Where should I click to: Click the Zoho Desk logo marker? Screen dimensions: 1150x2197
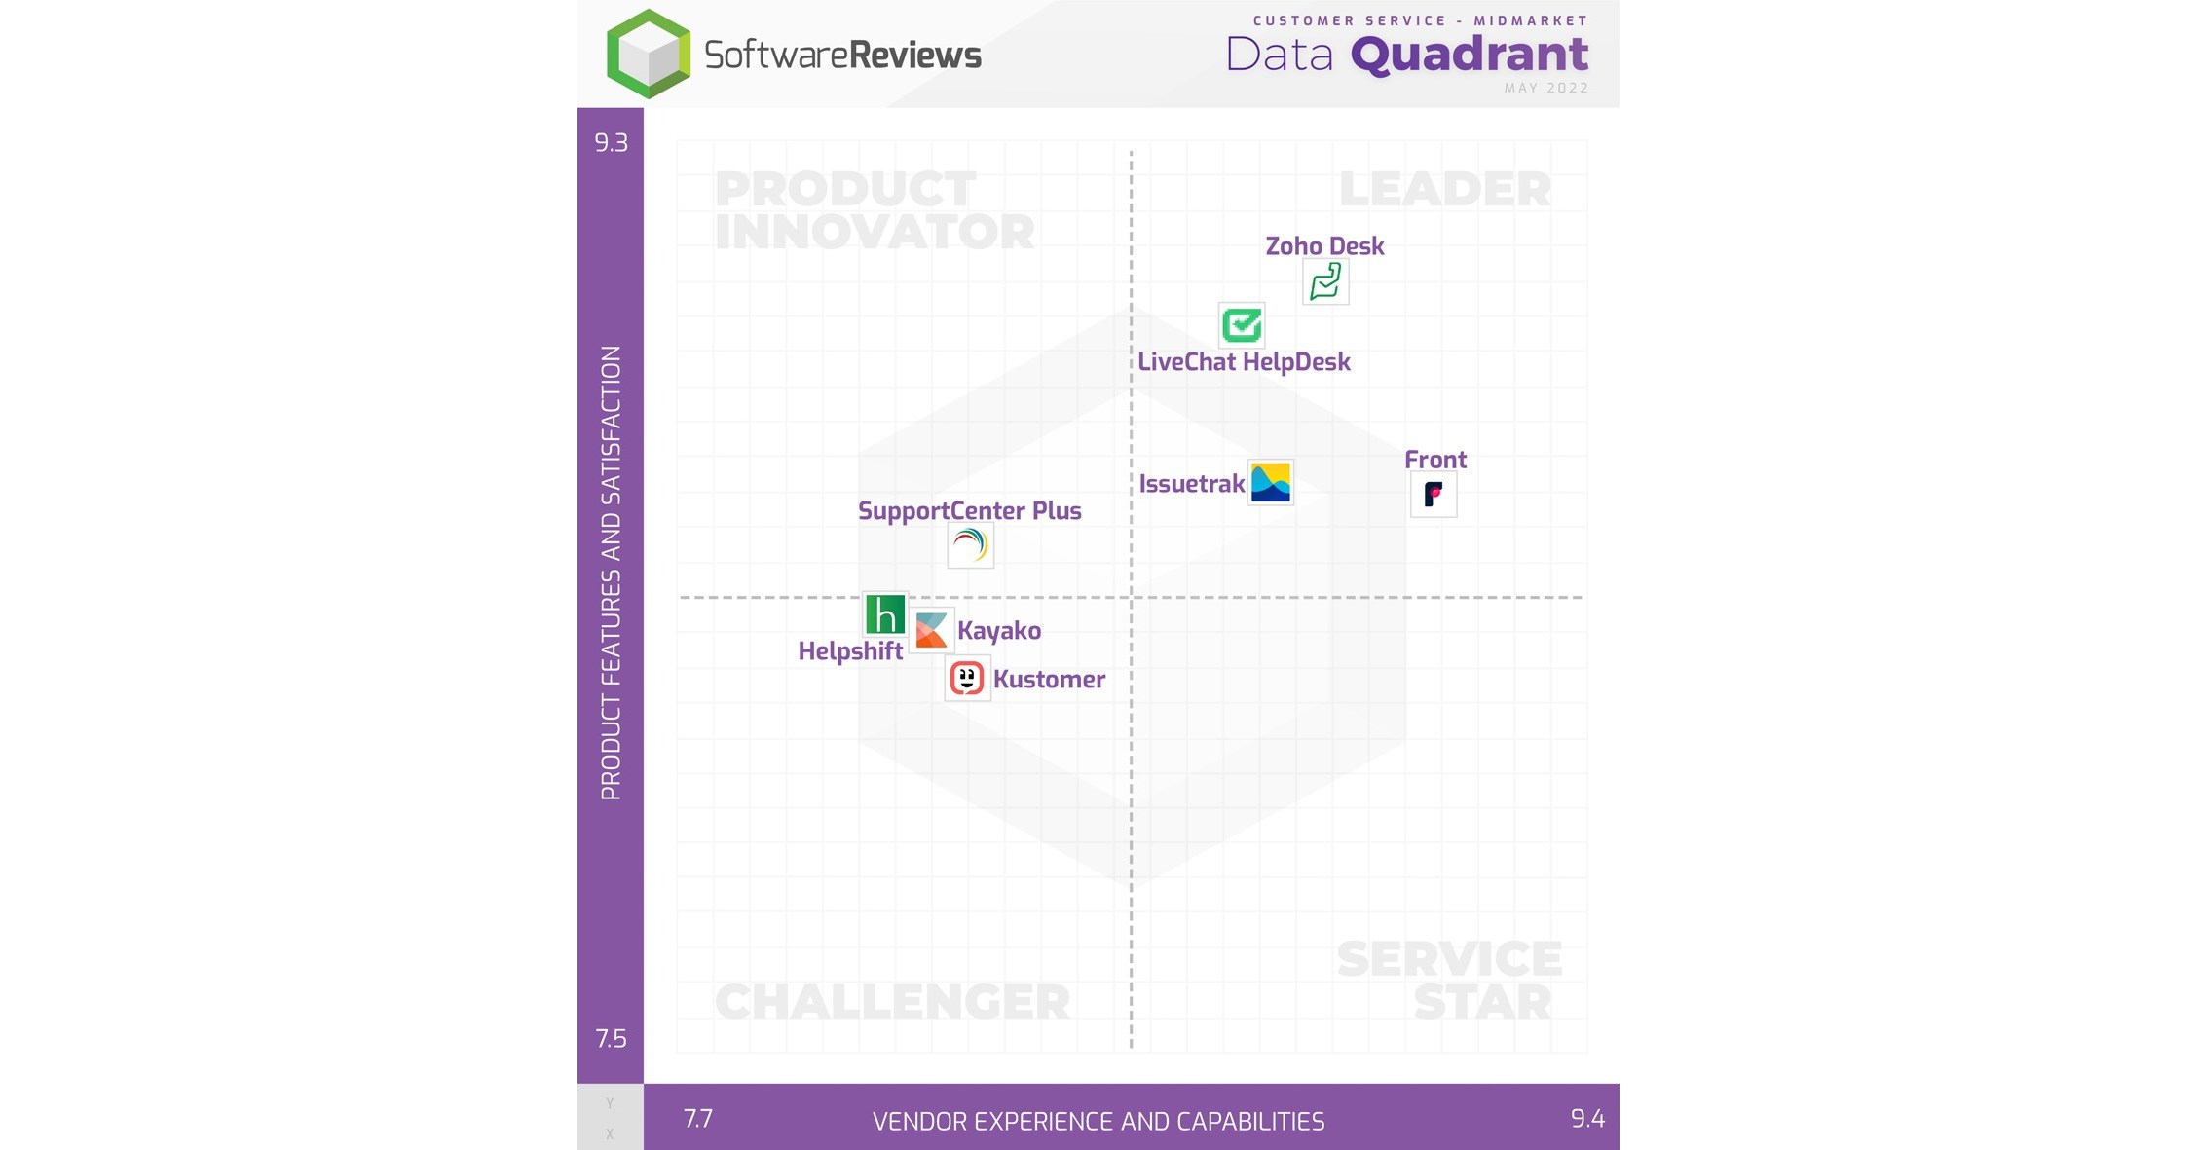(x=1325, y=282)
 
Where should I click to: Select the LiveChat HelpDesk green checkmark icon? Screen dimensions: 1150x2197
(x=1242, y=325)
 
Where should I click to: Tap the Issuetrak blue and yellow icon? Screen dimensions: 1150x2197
(x=1271, y=482)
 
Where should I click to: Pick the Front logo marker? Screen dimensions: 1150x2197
(x=1434, y=495)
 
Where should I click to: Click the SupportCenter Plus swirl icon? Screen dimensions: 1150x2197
(x=970, y=545)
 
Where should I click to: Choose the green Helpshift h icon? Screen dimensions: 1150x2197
(x=884, y=614)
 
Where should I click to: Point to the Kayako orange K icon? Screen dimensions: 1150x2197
(x=931, y=630)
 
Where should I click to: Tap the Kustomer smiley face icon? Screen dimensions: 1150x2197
(x=967, y=678)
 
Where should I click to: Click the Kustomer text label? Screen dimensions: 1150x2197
(x=1049, y=679)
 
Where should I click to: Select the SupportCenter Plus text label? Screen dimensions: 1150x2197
(x=969, y=510)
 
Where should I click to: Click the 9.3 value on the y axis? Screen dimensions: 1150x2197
(x=611, y=143)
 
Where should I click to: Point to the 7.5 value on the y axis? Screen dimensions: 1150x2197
(x=611, y=1039)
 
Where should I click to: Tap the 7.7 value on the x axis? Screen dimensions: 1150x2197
(x=698, y=1119)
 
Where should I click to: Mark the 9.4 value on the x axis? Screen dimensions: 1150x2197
(x=1587, y=1119)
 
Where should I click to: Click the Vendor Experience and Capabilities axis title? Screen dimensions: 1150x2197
(x=1098, y=1122)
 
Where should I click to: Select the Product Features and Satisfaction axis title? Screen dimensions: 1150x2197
(x=611, y=573)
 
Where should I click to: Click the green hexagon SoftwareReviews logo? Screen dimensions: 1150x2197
(x=649, y=55)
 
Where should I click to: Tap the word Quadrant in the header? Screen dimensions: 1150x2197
(x=1470, y=55)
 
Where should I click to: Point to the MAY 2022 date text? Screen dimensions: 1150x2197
(x=1545, y=89)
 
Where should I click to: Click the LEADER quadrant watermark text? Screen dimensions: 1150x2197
(x=1445, y=189)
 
